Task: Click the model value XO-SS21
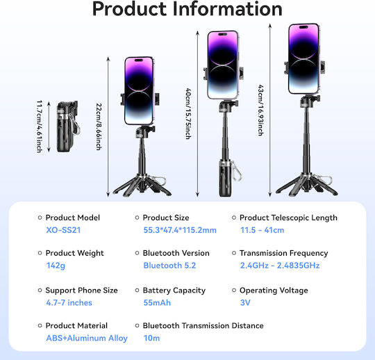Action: click(63, 230)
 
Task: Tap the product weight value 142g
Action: click(56, 265)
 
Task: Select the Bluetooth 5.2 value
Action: click(169, 265)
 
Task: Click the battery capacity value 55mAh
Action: click(157, 303)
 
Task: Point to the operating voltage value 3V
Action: click(245, 303)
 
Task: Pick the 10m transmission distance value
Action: click(151, 338)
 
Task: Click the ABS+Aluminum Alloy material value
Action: click(87, 338)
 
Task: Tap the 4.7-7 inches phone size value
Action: click(69, 303)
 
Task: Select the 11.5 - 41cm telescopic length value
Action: click(262, 230)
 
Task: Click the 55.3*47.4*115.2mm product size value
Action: click(180, 230)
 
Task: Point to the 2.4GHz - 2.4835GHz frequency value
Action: click(280, 265)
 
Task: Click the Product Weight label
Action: click(74, 253)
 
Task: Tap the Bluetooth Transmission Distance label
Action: click(203, 326)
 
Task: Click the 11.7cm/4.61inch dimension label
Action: click(40, 126)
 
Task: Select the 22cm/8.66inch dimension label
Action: click(99, 126)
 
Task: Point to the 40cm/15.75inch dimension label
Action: click(188, 114)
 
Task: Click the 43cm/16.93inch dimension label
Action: click(260, 111)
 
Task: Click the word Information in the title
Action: click(227, 9)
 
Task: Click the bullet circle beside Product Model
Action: click(40, 218)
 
